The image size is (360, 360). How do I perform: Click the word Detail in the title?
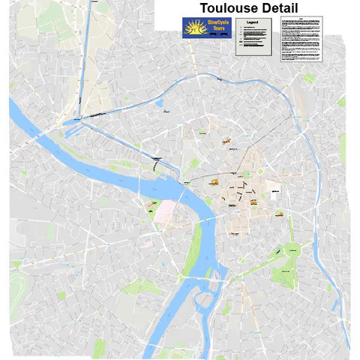[277, 8]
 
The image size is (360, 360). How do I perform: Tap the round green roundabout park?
[293, 249]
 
